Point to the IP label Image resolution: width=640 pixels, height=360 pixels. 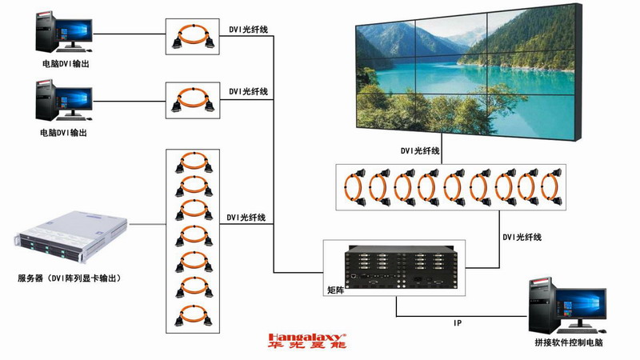458,323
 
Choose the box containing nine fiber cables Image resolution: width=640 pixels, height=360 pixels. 452,187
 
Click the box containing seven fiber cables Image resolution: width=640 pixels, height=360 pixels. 192,240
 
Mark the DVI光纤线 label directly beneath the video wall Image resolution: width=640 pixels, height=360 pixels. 420,150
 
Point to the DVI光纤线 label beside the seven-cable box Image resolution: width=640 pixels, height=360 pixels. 246,217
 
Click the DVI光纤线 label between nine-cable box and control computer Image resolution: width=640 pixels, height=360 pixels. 522,238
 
